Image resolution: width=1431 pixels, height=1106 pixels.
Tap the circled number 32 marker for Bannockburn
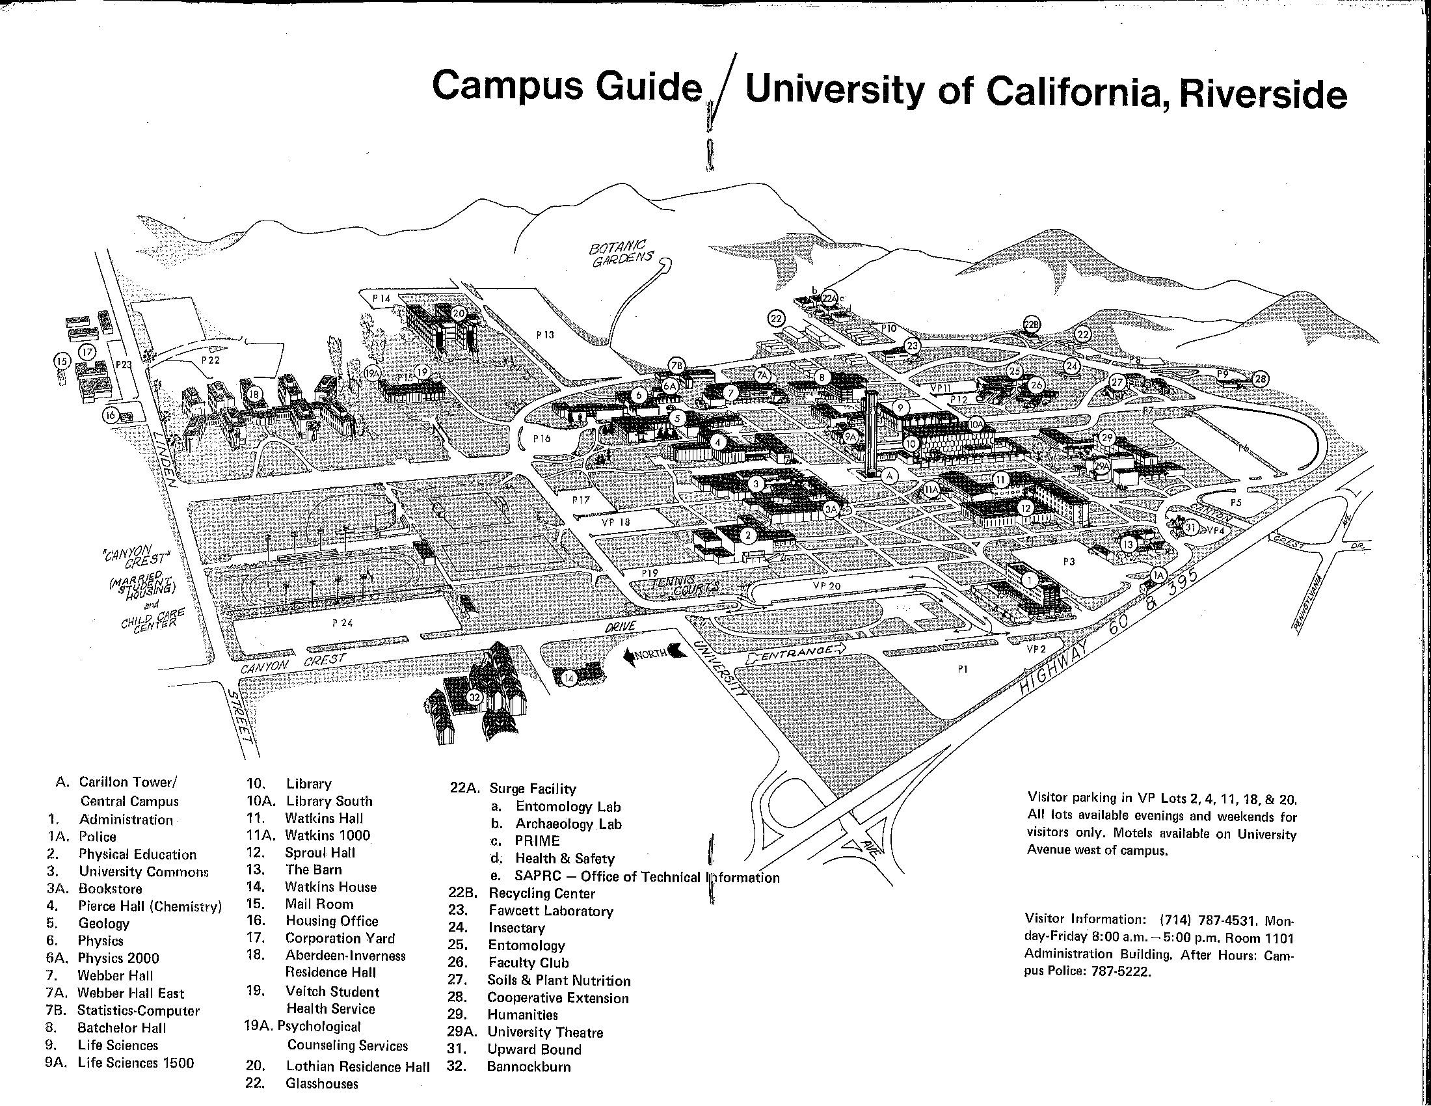(x=475, y=698)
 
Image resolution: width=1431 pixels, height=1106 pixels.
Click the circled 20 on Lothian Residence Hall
(x=458, y=314)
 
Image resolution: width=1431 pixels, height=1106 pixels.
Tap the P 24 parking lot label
(x=342, y=623)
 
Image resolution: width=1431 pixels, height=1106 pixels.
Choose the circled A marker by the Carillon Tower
(x=889, y=476)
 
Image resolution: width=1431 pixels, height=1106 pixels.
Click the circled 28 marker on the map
(x=1260, y=379)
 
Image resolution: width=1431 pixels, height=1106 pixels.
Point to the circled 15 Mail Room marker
(x=62, y=360)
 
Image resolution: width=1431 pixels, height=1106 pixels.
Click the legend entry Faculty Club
(x=528, y=962)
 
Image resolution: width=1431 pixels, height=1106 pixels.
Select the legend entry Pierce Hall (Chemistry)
(x=150, y=906)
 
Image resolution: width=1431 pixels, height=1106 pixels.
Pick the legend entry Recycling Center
(x=542, y=893)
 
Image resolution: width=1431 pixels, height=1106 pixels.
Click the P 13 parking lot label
(x=545, y=335)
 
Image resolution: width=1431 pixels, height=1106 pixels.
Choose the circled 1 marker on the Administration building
(x=1029, y=580)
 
